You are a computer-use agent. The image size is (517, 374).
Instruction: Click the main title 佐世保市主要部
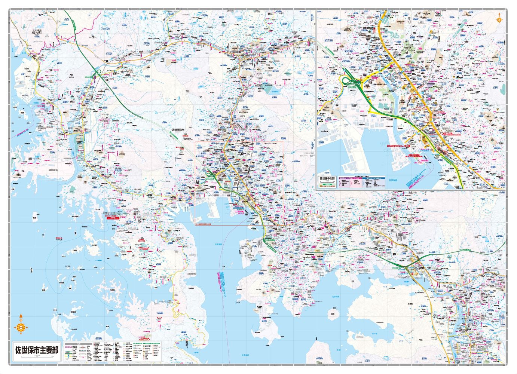pyautogui.click(x=37, y=350)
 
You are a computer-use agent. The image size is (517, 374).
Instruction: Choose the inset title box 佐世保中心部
pyautogui.click(x=327, y=179)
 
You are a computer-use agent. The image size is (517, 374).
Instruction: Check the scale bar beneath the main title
pyautogui.click(x=37, y=358)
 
